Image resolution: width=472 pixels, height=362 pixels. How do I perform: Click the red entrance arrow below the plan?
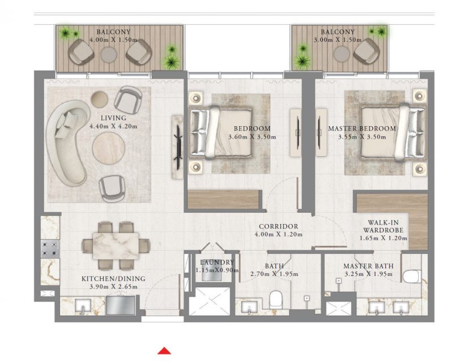tap(164, 351)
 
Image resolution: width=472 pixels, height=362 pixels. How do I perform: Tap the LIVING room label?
tap(113, 118)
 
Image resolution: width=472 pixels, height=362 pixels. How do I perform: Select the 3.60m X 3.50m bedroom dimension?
tap(252, 137)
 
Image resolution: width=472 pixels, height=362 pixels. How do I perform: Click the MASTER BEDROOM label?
tap(362, 128)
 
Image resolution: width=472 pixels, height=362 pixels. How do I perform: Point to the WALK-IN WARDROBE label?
tap(383, 226)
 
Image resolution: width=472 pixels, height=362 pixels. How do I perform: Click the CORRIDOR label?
tap(278, 226)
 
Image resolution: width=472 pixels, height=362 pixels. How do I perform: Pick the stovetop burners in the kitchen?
tap(50, 249)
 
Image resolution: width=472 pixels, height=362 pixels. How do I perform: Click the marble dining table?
tap(116, 246)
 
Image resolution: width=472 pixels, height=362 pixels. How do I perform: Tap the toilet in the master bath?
tap(412, 277)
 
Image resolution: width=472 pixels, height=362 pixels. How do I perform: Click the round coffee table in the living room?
tap(108, 148)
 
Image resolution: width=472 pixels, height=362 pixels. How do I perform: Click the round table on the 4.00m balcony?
tap(109, 54)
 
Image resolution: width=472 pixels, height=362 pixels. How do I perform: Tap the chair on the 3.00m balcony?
tap(365, 51)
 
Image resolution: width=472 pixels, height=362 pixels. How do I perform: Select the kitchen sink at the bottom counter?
tap(83, 306)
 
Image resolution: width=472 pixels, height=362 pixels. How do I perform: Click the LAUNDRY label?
tap(217, 262)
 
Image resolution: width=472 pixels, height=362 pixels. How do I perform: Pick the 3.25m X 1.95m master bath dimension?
tap(368, 274)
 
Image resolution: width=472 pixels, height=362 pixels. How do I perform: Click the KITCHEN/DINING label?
tap(113, 279)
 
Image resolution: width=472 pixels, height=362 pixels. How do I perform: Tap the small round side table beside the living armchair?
tap(99, 98)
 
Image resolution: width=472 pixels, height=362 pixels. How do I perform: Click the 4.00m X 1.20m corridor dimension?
tap(278, 234)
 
